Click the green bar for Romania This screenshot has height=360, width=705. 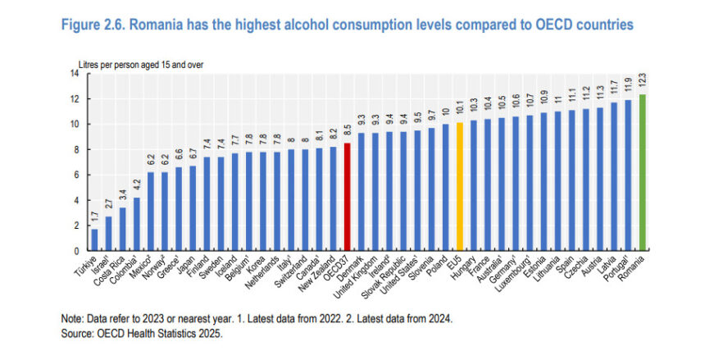click(x=643, y=172)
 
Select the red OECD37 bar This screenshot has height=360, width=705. click(x=347, y=197)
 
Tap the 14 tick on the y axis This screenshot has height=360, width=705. click(x=74, y=74)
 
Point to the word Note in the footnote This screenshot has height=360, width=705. click(x=72, y=321)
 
